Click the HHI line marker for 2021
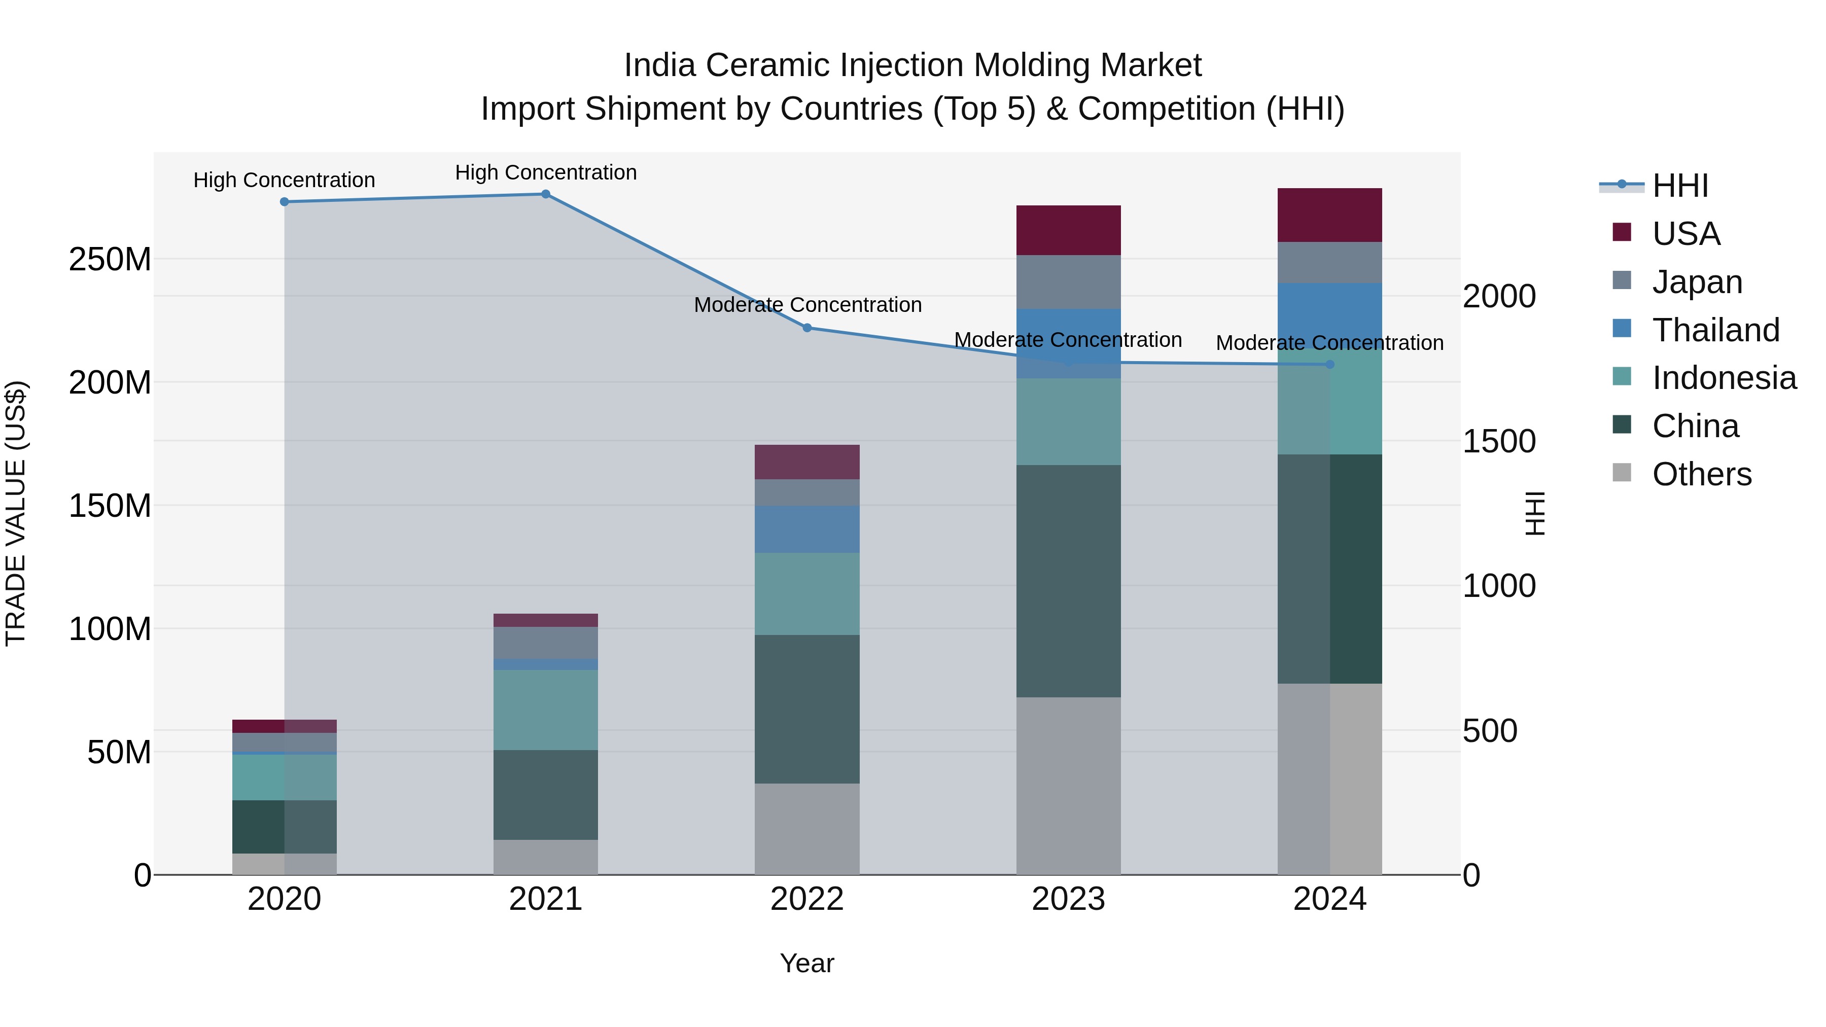545,194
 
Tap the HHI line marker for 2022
806,328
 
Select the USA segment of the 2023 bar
1068,230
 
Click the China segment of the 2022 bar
806,709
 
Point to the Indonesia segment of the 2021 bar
545,710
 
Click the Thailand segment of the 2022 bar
806,529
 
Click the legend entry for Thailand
1715,330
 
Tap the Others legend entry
1701,474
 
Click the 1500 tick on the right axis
1499,442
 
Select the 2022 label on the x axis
806,899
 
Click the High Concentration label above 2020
284,180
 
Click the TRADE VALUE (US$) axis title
16,513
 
